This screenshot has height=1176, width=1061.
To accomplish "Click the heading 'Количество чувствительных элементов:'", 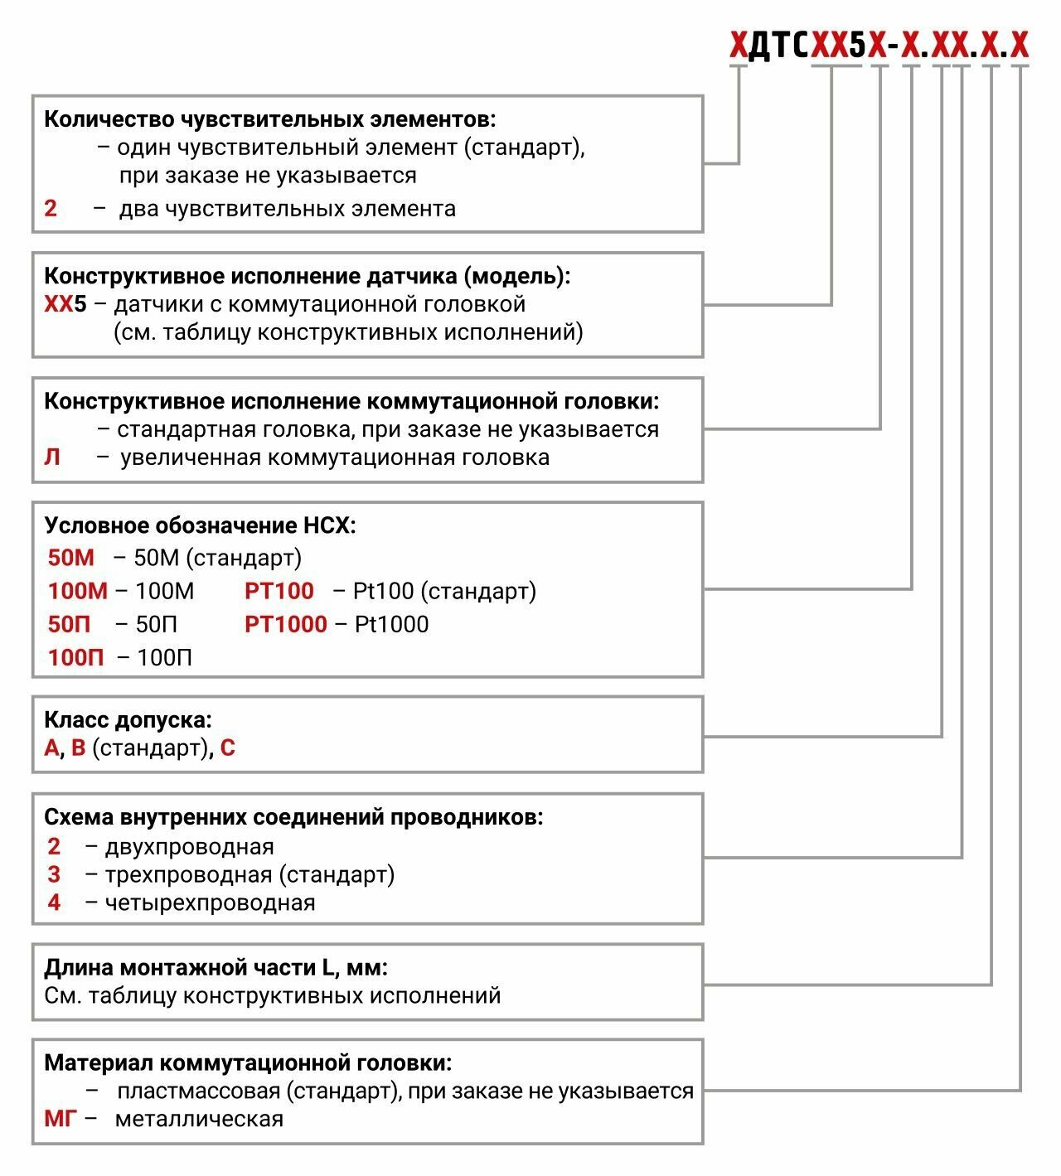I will coord(269,119).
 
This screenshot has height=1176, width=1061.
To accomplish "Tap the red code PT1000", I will coord(286,624).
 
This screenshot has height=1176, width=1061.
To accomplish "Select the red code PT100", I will coord(279,591).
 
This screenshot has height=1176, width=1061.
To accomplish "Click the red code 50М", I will coord(71,558).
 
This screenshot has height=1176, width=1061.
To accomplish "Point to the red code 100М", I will coord(78,591).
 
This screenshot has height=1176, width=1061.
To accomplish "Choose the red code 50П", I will coord(70,624).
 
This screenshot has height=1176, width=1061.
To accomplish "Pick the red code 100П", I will coord(76,657).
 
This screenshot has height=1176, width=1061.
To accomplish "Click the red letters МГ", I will coord(60,1119).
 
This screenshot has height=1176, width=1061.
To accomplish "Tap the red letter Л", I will coord(52,457).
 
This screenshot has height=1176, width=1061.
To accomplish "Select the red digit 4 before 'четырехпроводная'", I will coord(54,903).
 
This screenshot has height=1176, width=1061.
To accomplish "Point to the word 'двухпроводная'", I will coord(190,847).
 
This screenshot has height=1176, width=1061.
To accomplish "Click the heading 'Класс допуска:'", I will coord(128,719).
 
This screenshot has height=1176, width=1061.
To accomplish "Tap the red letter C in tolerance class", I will coord(228,748).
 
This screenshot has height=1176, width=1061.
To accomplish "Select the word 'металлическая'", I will coord(199,1119).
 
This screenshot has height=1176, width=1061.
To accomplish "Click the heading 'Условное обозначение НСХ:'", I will coord(200,525).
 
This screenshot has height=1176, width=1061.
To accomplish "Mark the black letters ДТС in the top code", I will coord(778,46).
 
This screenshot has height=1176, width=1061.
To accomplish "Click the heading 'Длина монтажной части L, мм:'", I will coord(216,967).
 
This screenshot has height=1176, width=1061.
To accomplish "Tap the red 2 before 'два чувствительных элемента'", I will coord(51,209).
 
